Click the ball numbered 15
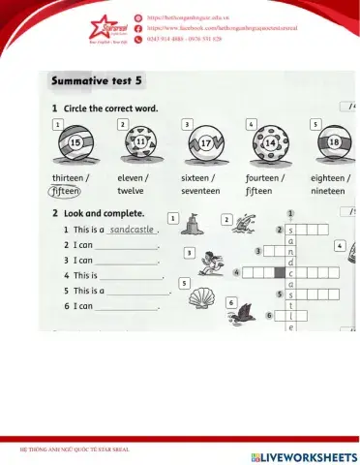click(x=75, y=145)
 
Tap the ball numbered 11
click(x=138, y=146)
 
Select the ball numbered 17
click(x=204, y=145)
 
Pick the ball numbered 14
click(x=269, y=145)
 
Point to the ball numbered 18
click(x=333, y=145)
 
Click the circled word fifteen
click(x=66, y=191)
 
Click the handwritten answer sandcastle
click(x=132, y=231)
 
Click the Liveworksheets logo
click(x=303, y=455)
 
